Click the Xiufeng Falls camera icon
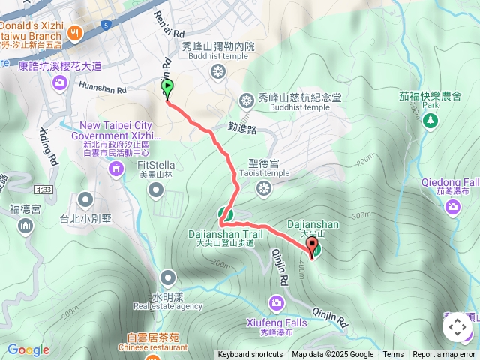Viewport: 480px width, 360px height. coord(277,302)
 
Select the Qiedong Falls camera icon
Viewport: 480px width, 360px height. coord(453,206)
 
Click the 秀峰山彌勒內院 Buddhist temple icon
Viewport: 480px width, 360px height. coord(217,72)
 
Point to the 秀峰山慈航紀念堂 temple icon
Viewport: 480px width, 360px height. coord(247,100)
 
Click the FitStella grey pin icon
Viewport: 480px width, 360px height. coord(156,190)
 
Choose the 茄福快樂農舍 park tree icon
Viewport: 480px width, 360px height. coord(430,123)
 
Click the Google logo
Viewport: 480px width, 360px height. coord(28,349)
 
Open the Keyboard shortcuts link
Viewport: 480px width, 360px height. coord(250,355)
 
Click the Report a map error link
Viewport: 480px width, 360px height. coord(444,355)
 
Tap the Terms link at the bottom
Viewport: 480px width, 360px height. coord(393,355)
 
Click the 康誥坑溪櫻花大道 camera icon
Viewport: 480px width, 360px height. coord(58,82)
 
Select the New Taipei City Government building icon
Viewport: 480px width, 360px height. coord(115,170)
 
